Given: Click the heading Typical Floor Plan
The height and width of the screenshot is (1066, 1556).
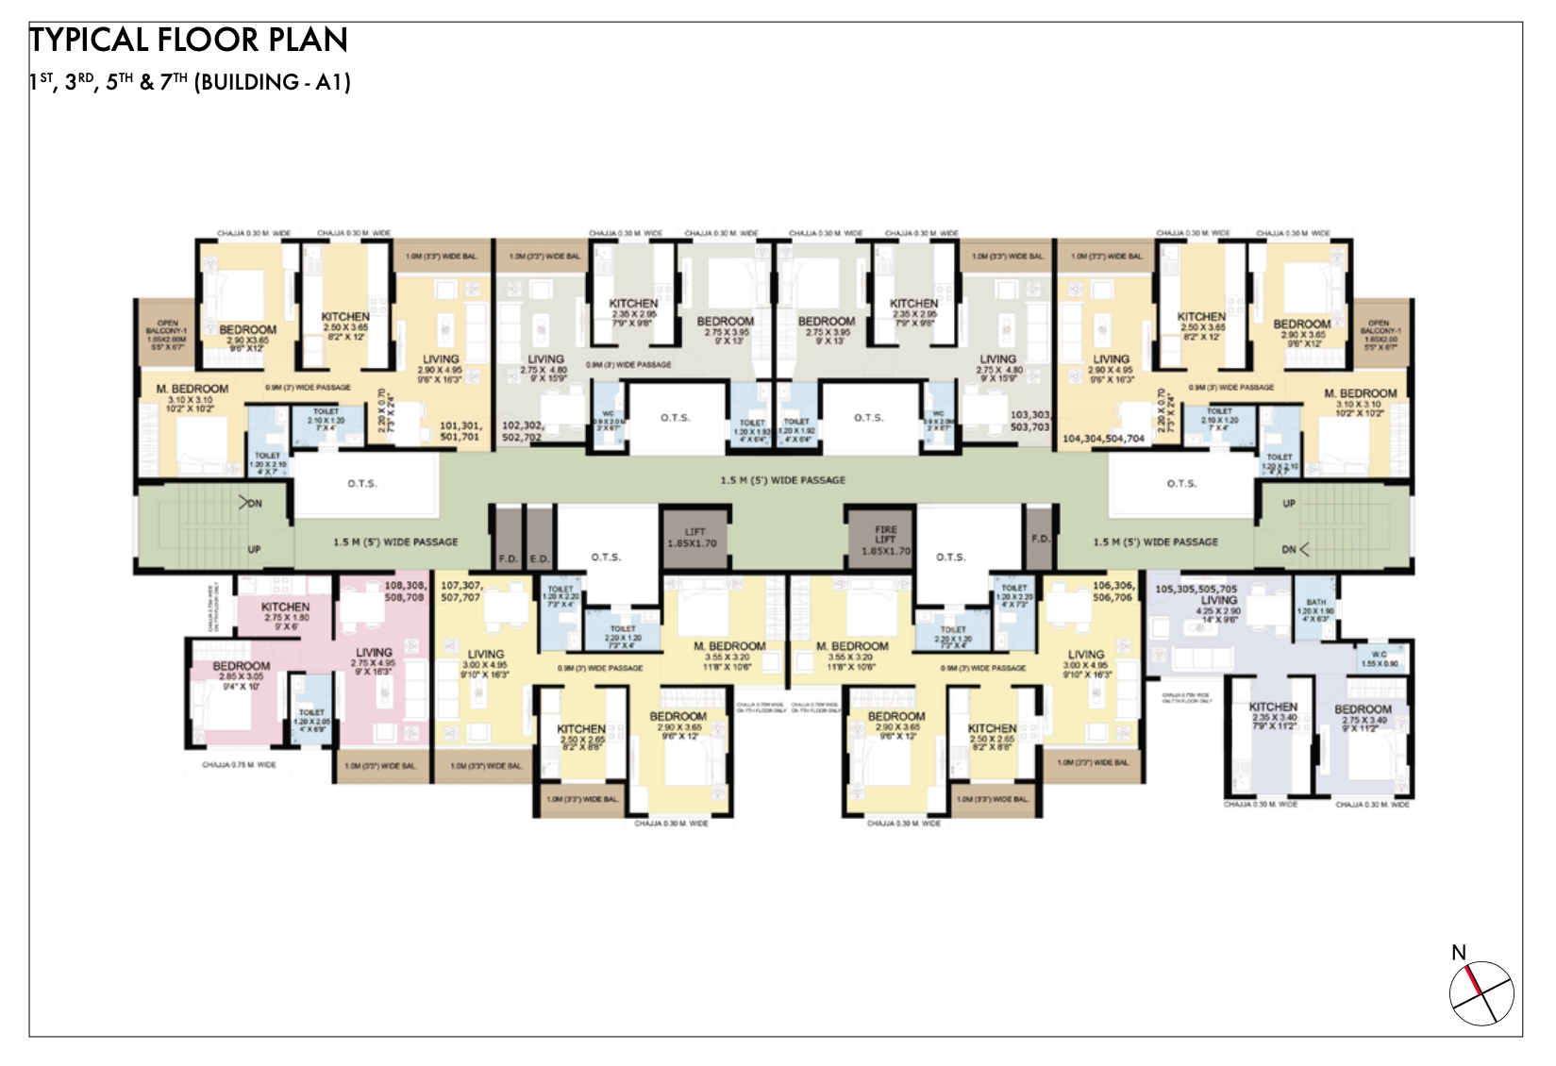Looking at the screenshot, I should click(x=189, y=41).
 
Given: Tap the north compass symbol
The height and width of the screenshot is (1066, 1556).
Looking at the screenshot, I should click(x=1481, y=991).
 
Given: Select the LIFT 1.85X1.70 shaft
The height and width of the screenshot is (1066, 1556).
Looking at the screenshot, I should click(x=694, y=538).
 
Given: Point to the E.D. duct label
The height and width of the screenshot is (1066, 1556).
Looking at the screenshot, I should click(x=539, y=559).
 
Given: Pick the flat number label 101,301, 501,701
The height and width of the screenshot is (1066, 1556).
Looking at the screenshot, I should click(x=460, y=431).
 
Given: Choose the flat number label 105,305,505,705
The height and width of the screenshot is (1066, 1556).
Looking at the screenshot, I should click(x=1196, y=589).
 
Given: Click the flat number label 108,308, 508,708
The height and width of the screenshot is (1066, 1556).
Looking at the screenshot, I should click(x=405, y=591).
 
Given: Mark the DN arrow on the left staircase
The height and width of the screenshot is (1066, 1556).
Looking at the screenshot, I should click(x=250, y=504).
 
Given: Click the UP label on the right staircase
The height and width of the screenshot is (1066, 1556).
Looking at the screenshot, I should click(x=1289, y=504).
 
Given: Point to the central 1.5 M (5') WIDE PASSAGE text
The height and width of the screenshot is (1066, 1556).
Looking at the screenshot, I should click(x=783, y=480).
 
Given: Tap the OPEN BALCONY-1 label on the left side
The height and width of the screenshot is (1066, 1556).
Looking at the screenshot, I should click(x=167, y=334).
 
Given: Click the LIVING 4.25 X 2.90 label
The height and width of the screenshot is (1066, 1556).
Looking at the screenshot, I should click(x=1218, y=606).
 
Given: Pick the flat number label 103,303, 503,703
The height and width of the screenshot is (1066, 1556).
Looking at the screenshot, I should click(x=1029, y=421).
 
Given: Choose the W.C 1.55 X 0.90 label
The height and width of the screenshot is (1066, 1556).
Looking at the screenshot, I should click(x=1380, y=658).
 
